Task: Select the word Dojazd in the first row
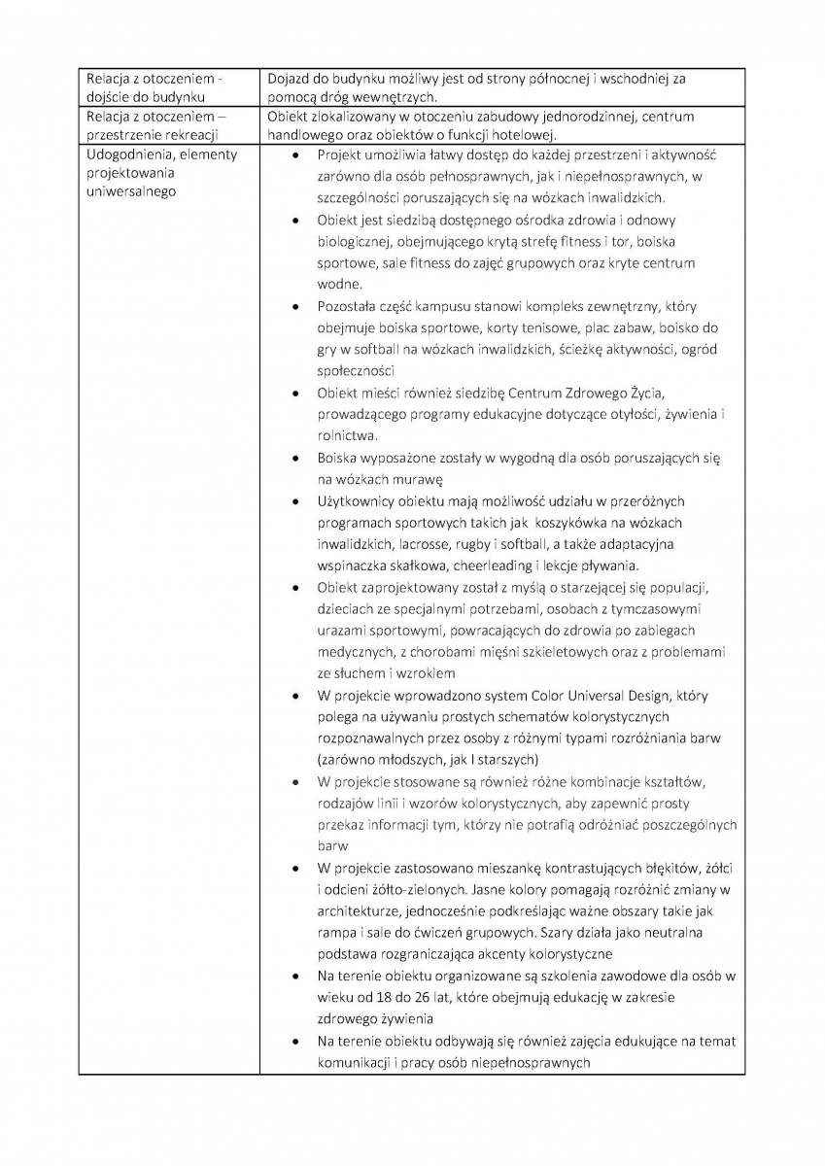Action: (290, 79)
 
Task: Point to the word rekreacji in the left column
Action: (191, 134)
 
